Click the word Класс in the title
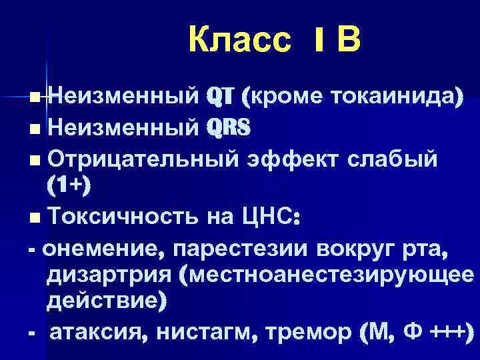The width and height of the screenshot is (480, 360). tap(240, 41)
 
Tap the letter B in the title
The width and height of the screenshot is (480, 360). tap(348, 41)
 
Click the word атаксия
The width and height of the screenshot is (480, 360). tap(97, 333)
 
